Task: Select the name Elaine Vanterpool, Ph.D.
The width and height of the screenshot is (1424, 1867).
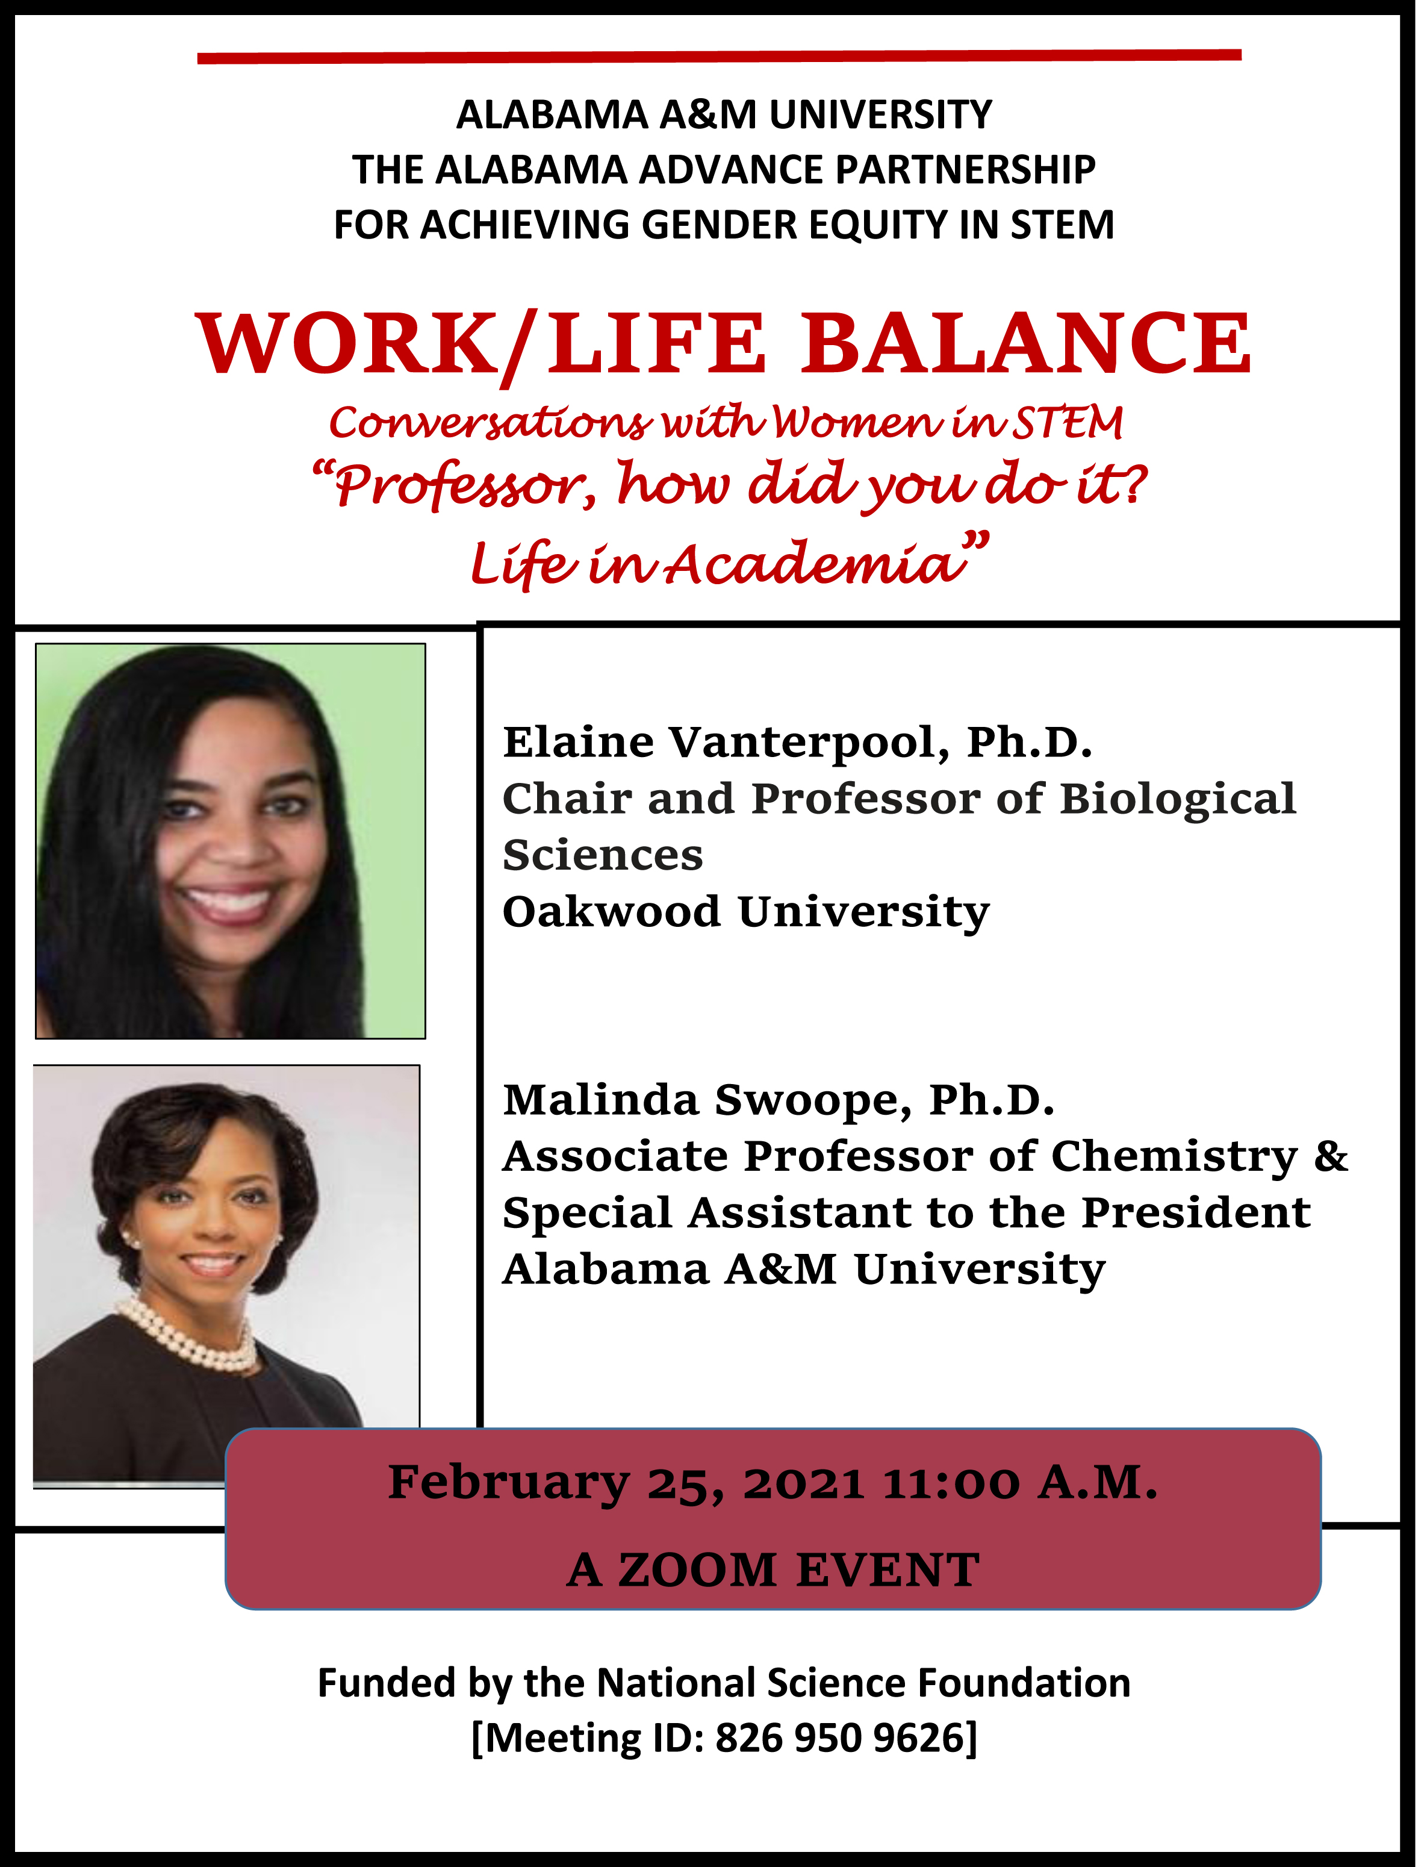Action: (798, 743)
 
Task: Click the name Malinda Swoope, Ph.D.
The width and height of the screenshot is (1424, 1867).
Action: (779, 1100)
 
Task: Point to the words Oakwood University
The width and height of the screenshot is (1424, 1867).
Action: (746, 913)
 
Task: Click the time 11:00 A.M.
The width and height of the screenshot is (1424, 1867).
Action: (1020, 1483)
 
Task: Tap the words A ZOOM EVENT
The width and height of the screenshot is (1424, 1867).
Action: (773, 1570)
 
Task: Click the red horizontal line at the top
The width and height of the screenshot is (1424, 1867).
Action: (719, 56)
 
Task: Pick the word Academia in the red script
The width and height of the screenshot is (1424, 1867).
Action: (813, 563)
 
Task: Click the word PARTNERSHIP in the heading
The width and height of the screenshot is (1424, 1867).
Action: (965, 170)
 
